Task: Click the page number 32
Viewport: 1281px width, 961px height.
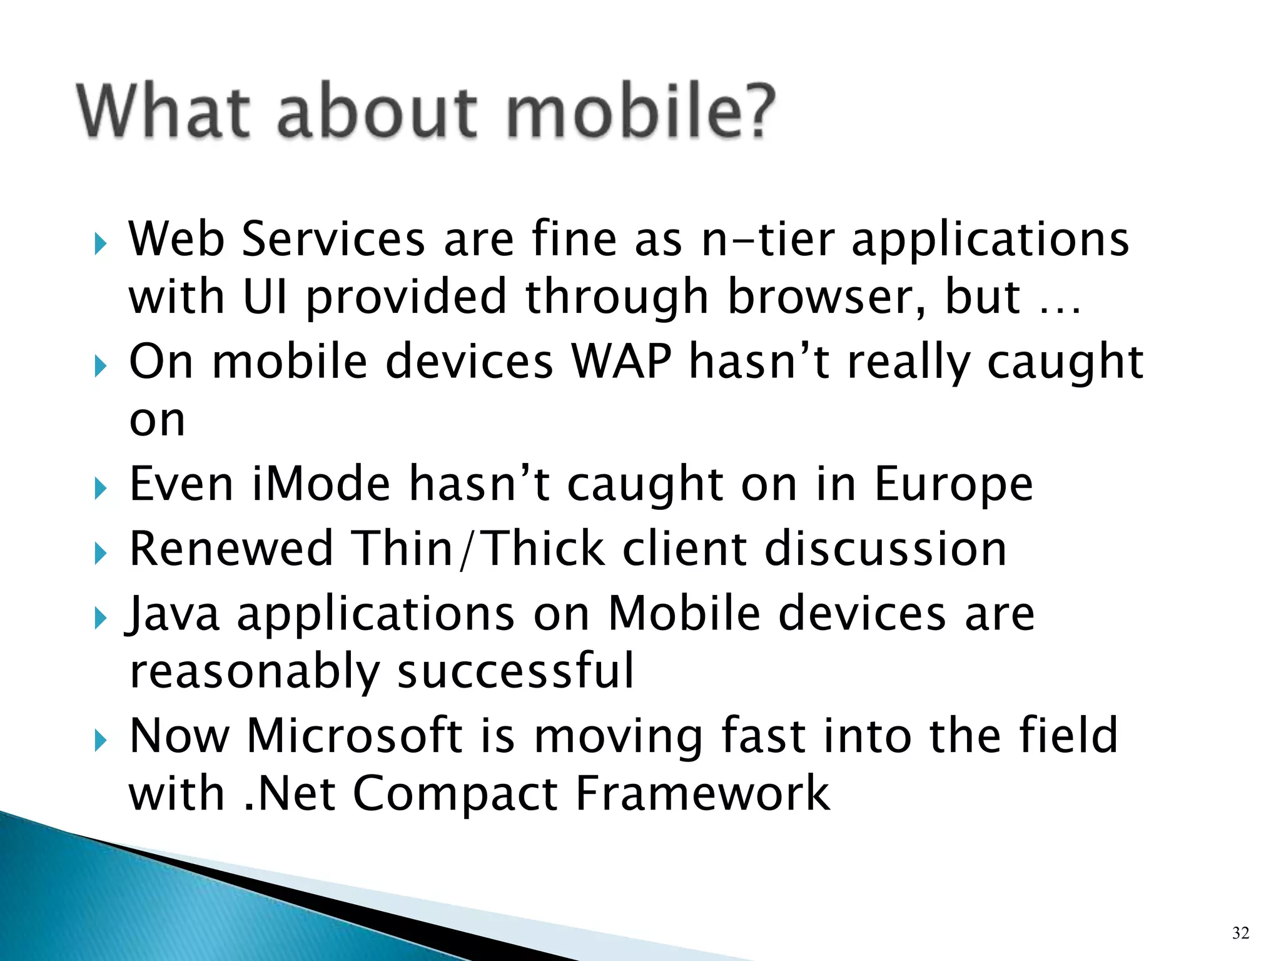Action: [1240, 933]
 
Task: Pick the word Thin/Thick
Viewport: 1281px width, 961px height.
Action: [478, 549]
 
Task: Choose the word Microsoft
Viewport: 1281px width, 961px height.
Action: [355, 735]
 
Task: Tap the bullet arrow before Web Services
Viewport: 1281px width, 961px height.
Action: [101, 243]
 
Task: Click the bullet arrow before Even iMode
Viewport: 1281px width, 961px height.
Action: [101, 489]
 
